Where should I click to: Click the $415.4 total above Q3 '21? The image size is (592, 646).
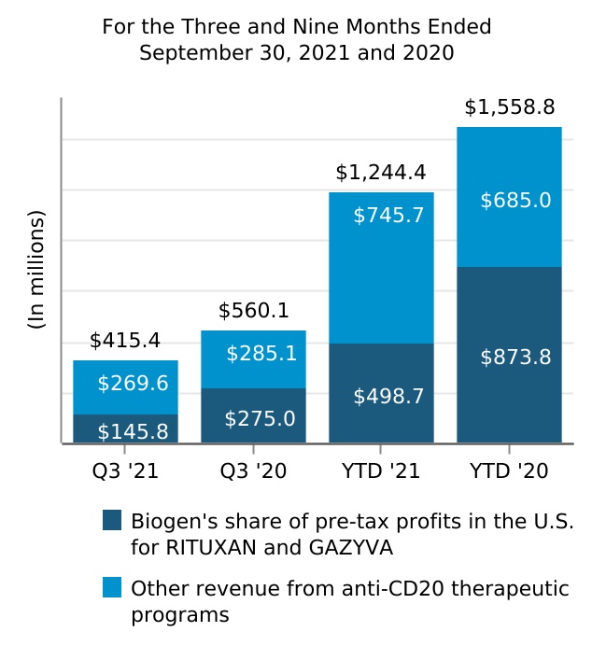click(125, 341)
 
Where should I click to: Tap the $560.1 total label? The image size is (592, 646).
click(253, 310)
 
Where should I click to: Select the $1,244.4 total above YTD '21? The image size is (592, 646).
click(381, 173)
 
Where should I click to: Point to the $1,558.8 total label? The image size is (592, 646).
click(509, 107)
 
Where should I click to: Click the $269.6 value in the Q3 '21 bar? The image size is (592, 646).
click(133, 384)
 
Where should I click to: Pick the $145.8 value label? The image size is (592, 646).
click(133, 431)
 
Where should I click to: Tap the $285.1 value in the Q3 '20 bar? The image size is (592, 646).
click(261, 354)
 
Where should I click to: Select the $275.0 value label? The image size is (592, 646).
click(260, 418)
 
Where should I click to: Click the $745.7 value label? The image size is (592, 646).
click(388, 216)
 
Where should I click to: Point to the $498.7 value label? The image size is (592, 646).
click(388, 397)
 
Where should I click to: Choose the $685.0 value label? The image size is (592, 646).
click(515, 200)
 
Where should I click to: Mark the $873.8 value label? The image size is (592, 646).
click(515, 357)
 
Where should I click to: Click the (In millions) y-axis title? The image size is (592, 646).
click(36, 271)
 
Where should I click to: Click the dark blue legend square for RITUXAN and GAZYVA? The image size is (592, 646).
click(112, 520)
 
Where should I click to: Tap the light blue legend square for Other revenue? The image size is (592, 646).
click(112, 588)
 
